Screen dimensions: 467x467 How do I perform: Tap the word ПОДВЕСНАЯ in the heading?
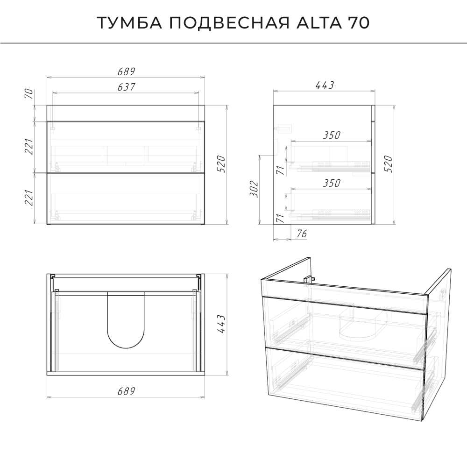(230, 22)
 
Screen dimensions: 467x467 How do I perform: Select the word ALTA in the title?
(319, 22)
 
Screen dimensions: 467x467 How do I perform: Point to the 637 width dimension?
(126, 87)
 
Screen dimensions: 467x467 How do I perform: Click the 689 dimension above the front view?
(126, 71)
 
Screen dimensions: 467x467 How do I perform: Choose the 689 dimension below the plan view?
(126, 391)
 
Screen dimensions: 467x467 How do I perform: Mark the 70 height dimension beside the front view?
(29, 94)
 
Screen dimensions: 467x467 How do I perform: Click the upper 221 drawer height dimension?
(29, 146)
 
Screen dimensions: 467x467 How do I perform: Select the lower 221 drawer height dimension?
(29, 198)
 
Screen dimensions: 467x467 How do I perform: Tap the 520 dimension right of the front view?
(221, 164)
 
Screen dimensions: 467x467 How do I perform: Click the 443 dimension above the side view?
(325, 85)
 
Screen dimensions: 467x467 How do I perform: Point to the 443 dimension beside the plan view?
(221, 324)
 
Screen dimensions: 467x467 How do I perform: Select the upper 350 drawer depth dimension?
(332, 135)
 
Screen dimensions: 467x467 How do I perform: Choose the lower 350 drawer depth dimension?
(332, 183)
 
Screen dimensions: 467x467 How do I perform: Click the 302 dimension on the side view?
(254, 189)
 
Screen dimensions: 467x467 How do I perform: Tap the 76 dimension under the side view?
(301, 233)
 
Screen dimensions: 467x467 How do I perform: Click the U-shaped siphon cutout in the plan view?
(126, 320)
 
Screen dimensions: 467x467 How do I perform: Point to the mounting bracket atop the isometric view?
(309, 279)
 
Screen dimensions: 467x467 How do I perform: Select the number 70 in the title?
(359, 22)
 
